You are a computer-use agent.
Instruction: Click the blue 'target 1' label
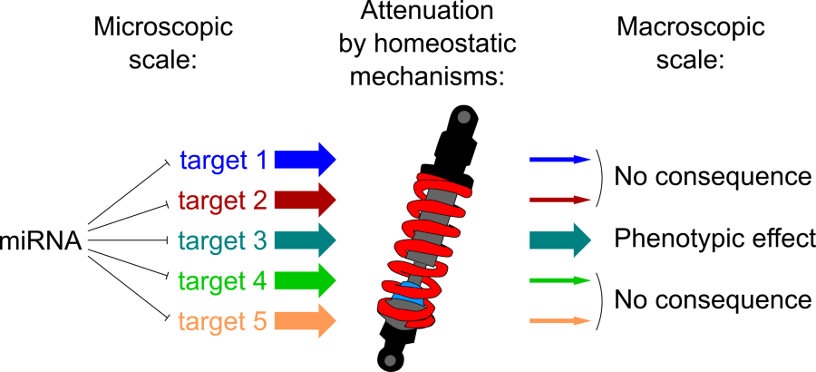point(223,161)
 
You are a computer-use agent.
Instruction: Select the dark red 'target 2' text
point(223,201)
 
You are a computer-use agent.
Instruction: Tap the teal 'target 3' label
point(223,240)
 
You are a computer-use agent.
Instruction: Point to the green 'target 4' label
point(223,281)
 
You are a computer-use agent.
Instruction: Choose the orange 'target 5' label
point(223,321)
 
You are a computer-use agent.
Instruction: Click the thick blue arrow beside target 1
point(305,160)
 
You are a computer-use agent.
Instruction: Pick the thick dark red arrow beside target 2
point(305,200)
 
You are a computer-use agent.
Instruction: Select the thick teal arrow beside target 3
point(305,240)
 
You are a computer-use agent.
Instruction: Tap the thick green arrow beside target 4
point(305,280)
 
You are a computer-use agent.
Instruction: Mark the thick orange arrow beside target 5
point(305,321)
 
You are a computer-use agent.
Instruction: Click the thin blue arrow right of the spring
point(560,160)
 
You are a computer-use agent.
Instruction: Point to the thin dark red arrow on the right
point(560,200)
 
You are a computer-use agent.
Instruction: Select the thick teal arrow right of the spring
point(560,240)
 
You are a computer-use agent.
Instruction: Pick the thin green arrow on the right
point(560,280)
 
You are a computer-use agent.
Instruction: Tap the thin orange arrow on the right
point(560,320)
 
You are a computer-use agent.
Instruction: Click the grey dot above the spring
point(464,117)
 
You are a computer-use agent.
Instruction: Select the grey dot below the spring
point(390,360)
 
